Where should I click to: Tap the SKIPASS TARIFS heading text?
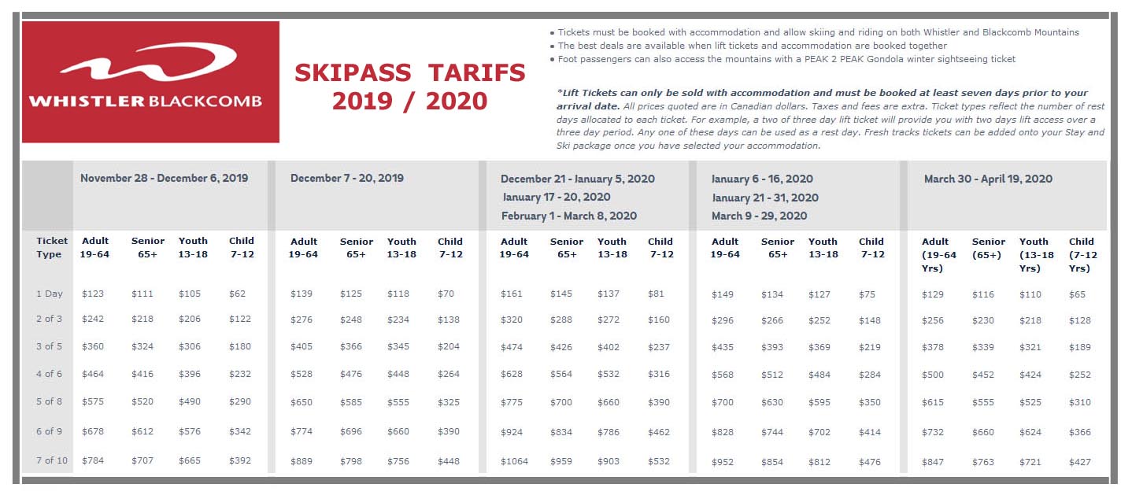coord(410,72)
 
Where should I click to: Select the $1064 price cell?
coord(514,461)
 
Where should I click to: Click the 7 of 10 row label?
coord(51,460)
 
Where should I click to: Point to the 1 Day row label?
coord(49,294)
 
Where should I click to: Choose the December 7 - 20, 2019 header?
coord(346,178)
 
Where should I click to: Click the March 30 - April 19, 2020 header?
coord(988,179)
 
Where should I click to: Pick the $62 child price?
coord(237,294)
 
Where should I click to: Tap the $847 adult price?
coord(932,462)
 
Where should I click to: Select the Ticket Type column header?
coord(51,247)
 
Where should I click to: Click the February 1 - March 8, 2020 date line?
coord(568,216)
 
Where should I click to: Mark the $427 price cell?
coord(1079,462)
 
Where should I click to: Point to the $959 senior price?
coord(561,461)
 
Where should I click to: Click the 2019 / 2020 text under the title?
coord(409,101)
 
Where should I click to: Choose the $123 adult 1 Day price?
coord(92,294)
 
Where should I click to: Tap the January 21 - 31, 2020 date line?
coord(765,198)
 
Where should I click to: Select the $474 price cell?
coord(512,347)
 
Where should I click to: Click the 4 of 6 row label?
coord(49,374)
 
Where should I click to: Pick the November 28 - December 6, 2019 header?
coord(165,178)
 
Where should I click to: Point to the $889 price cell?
coord(301,461)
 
